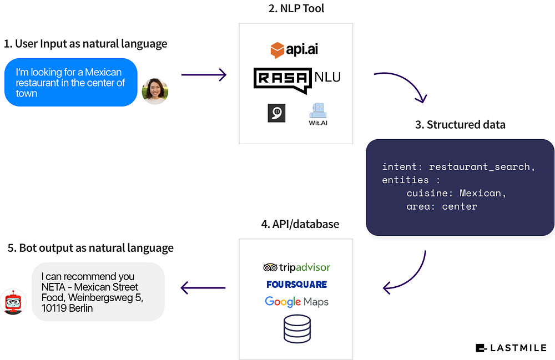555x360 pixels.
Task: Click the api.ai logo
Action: click(x=294, y=49)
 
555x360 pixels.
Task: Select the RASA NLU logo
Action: click(x=297, y=80)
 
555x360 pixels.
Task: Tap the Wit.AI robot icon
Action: click(x=318, y=111)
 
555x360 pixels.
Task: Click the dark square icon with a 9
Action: click(x=276, y=113)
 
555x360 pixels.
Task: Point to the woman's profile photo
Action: click(x=155, y=91)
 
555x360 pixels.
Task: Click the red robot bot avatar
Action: click(x=13, y=302)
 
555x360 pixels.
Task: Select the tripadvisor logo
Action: click(x=296, y=267)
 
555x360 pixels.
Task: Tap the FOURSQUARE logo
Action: click(x=296, y=285)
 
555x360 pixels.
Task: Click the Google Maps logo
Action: click(x=296, y=302)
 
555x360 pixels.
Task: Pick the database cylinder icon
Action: click(x=297, y=329)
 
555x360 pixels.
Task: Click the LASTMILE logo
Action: click(x=511, y=348)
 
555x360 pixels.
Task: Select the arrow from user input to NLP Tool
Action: click(x=204, y=75)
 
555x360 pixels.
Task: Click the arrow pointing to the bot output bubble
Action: click(x=203, y=288)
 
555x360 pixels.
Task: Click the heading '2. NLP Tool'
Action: click(x=296, y=8)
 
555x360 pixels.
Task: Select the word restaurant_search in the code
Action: click(x=480, y=166)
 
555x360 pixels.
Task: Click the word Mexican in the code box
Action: click(x=480, y=193)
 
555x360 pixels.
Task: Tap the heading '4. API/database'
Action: click(x=300, y=224)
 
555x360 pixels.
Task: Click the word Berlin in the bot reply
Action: click(x=80, y=308)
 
